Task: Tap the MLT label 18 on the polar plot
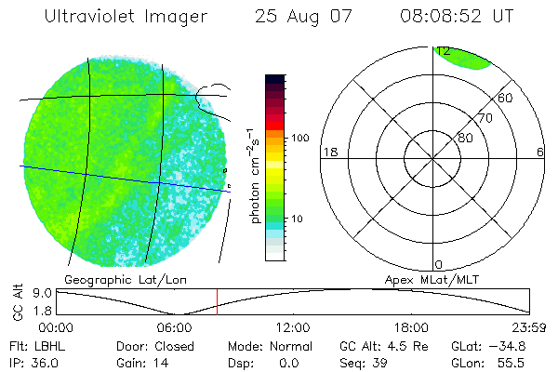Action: [x=328, y=152]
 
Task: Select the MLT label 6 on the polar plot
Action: [x=540, y=152]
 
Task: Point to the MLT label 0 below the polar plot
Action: [x=438, y=265]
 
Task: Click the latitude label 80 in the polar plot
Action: [x=465, y=138]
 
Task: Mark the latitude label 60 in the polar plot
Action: [x=506, y=97]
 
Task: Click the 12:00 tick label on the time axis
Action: [x=293, y=326]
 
